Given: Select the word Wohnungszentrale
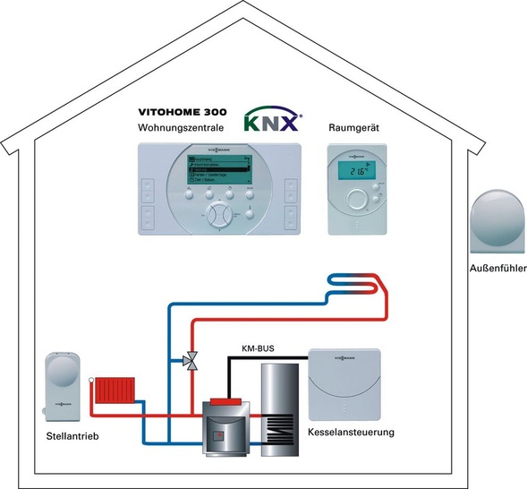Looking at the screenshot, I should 182,130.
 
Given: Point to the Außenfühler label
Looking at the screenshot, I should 497,268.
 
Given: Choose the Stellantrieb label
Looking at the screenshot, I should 71,437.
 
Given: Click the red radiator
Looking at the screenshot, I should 115,391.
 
